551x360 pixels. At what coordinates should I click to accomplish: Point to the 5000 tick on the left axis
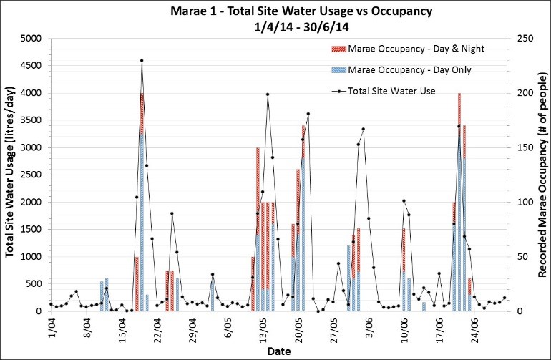tap(32, 39)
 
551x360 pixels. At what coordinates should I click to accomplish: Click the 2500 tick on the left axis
tap(32, 175)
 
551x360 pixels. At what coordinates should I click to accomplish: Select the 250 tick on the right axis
tap(520, 39)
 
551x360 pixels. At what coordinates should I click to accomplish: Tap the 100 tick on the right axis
tap(520, 202)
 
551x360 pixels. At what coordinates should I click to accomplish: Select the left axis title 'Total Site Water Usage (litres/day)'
tap(11, 175)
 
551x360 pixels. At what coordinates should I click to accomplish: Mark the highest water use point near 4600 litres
tap(142, 61)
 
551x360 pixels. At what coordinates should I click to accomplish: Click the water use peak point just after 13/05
tap(268, 94)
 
